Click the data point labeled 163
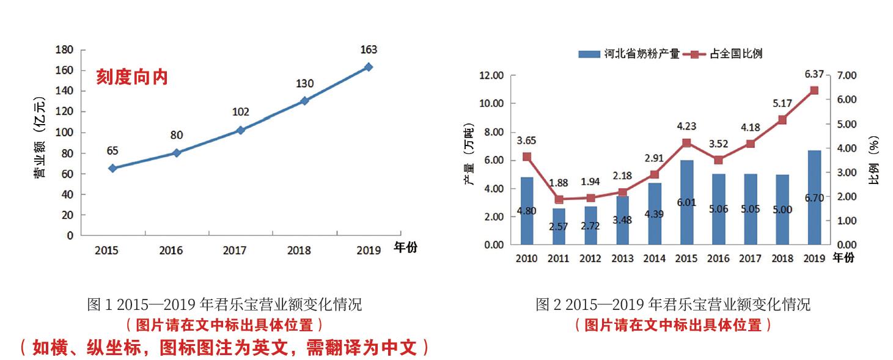pos(368,67)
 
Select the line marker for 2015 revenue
pos(112,167)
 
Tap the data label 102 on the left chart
pos(241,112)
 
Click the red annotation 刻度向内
pos(131,78)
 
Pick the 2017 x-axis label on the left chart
pos(235,250)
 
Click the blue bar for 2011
pos(558,226)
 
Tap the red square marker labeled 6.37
pos(814,90)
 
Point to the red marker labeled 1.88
pos(558,199)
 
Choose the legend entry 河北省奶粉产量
pos(630,54)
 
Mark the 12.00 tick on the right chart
pos(491,75)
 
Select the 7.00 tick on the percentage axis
pos(847,75)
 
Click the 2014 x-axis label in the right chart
pos(654,258)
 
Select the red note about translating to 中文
pos(224,348)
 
